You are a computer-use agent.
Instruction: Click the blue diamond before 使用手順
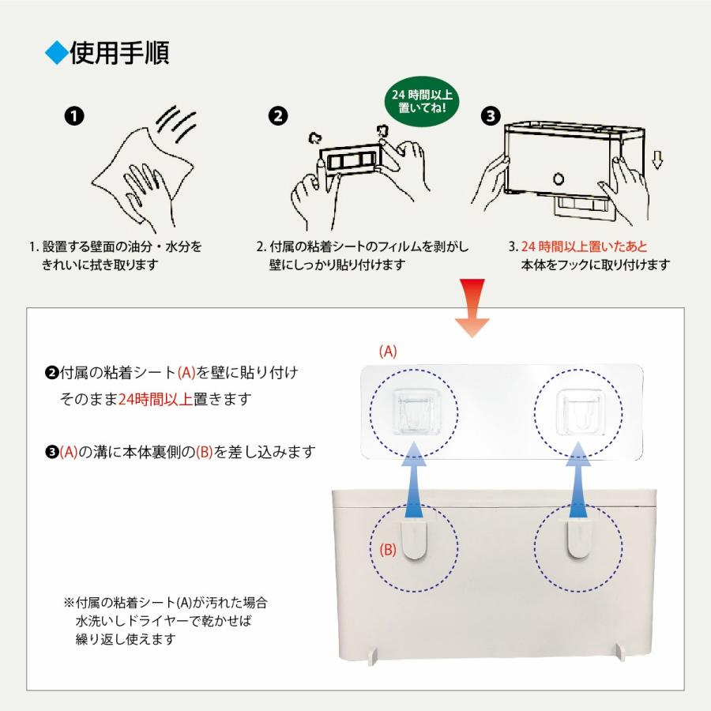(57, 54)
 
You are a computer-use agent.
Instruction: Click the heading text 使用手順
(118, 53)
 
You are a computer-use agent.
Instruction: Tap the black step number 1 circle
(73, 116)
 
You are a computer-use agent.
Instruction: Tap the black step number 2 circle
(278, 116)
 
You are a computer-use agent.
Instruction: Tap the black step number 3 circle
(491, 116)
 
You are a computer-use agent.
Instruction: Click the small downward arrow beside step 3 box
(657, 161)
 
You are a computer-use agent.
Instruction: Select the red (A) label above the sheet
(387, 352)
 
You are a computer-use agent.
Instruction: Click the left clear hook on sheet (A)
(416, 412)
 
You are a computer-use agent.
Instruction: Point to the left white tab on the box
(416, 541)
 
